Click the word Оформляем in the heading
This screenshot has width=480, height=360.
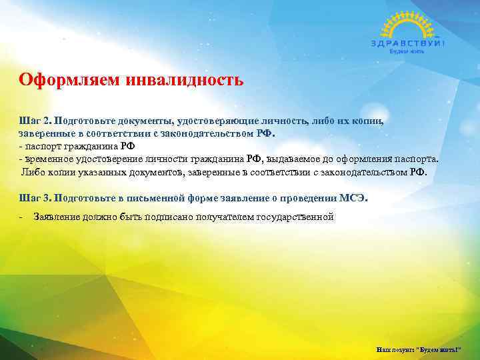(x=55, y=81)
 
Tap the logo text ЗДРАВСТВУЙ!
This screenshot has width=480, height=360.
(x=407, y=43)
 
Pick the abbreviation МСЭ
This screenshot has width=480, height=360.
(x=353, y=198)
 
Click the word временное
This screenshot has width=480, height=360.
(x=47, y=160)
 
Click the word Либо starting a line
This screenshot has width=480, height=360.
(x=32, y=171)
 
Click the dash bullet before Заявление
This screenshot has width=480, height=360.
(x=21, y=217)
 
